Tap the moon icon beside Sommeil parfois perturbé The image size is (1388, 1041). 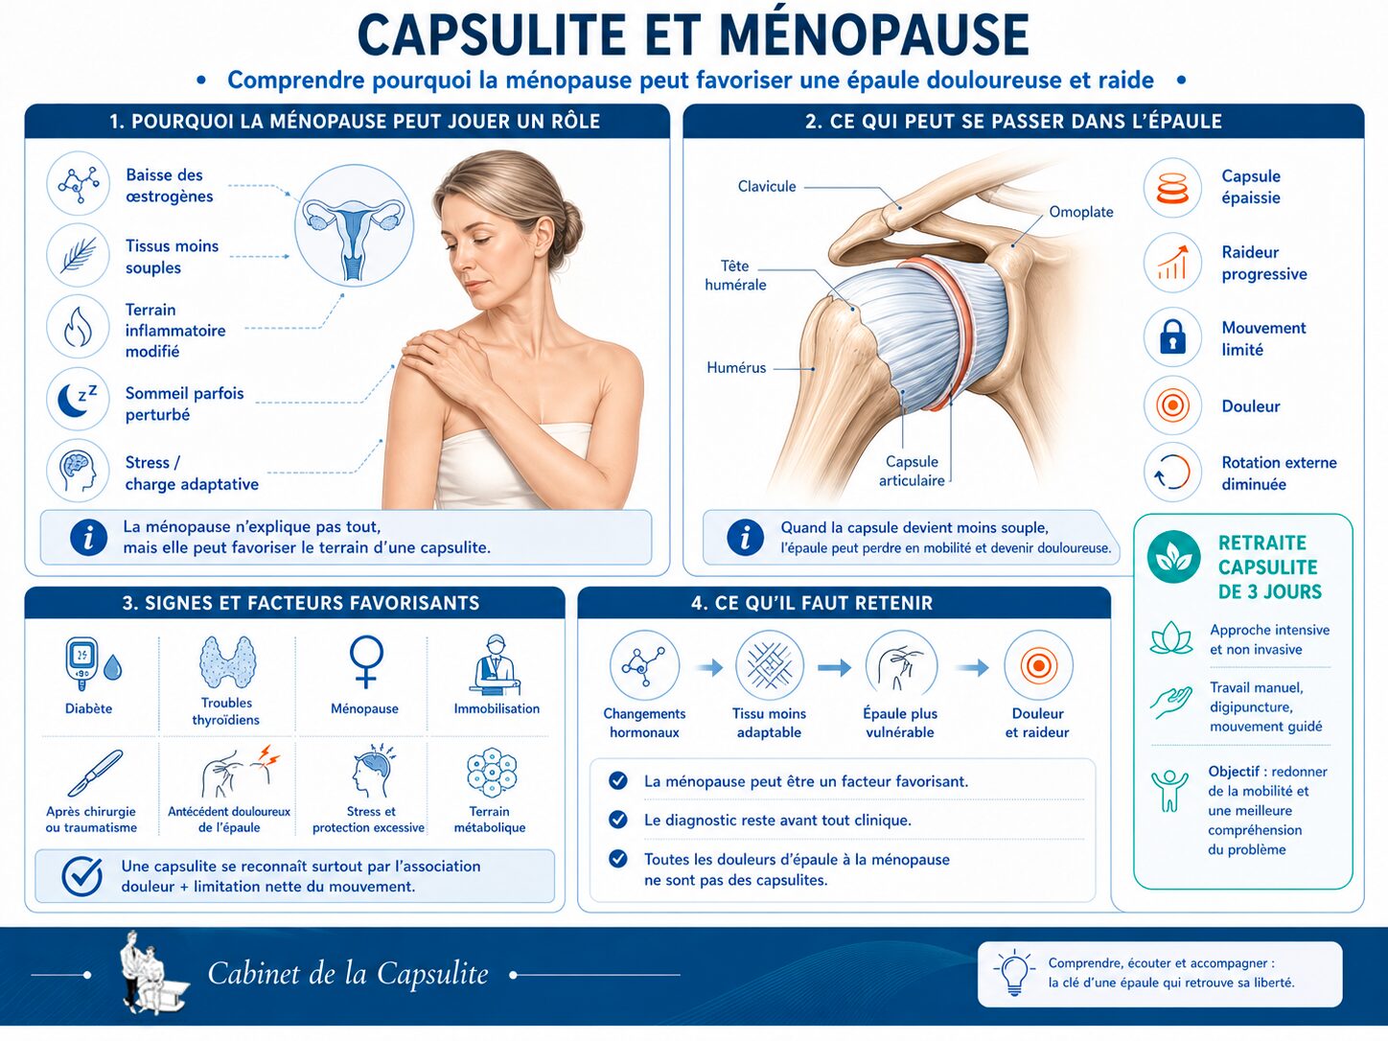click(77, 399)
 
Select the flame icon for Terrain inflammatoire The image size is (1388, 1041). click(78, 328)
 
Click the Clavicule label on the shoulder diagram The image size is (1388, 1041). click(767, 186)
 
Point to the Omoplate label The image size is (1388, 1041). click(1080, 212)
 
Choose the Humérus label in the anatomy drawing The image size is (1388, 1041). click(736, 367)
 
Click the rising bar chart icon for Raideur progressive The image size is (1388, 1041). click(1172, 262)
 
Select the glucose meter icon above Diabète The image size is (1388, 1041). click(81, 663)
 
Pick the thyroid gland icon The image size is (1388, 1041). click(227, 661)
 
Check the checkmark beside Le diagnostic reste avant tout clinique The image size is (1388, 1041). click(618, 820)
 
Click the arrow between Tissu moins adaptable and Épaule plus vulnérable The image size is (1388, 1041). click(834, 667)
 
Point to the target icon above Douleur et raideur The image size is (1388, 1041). click(1038, 665)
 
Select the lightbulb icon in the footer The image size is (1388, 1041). click(1013, 973)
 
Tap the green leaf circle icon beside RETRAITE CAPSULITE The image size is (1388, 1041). click(1173, 557)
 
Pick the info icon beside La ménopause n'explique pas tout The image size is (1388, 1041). click(88, 537)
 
